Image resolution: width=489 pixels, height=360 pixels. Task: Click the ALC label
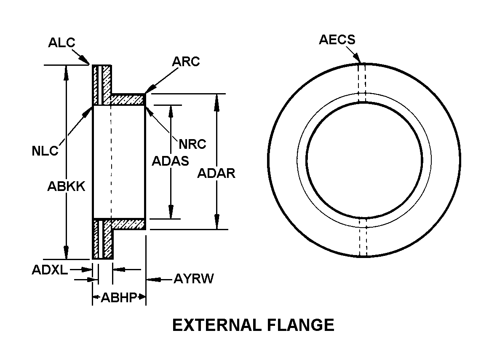click(x=61, y=43)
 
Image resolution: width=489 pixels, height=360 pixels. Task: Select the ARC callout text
click(x=186, y=62)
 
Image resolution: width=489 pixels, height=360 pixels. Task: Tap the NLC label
click(x=45, y=151)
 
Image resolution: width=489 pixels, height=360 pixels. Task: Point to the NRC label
click(x=192, y=144)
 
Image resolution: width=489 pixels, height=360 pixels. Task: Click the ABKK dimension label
click(x=66, y=186)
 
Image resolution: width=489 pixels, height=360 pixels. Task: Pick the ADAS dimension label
click(x=170, y=161)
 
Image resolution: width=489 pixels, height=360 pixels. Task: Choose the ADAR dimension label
click(x=216, y=173)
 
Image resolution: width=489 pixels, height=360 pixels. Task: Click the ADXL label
click(x=50, y=270)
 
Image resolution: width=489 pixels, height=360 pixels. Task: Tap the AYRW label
click(x=194, y=279)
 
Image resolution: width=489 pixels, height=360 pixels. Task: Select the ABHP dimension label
click(x=119, y=298)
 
